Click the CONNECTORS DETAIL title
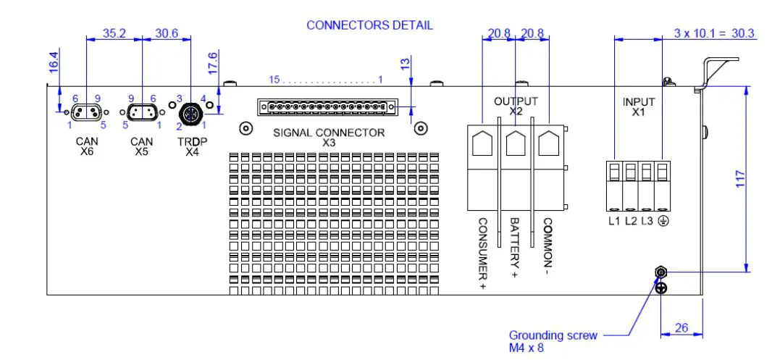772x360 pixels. click(x=369, y=25)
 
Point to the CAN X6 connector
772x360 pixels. click(x=86, y=112)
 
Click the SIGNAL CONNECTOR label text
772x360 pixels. click(x=329, y=133)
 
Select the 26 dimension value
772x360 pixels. click(x=681, y=327)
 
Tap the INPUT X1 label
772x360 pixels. click(x=639, y=107)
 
